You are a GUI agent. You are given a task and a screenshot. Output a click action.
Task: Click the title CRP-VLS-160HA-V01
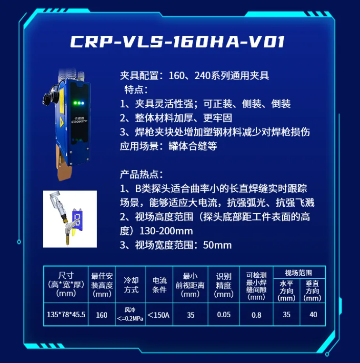coord(178,42)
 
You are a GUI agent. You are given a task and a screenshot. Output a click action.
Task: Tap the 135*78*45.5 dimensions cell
coord(66,314)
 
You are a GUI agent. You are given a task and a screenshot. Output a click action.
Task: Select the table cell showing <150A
coord(159,314)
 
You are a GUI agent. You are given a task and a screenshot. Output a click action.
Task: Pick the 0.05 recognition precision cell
coord(224,314)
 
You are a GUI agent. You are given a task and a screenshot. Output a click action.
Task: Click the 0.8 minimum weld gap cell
coord(256,314)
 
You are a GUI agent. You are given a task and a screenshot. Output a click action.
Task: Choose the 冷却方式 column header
coord(131,285)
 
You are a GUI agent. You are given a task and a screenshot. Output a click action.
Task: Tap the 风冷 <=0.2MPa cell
coord(130,314)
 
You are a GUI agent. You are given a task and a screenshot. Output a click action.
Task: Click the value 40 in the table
coord(313,314)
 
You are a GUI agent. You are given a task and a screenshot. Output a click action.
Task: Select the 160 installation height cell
coord(101,314)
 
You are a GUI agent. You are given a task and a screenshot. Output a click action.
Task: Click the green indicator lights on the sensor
coord(77,103)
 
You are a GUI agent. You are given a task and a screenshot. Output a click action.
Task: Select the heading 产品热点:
coord(141,174)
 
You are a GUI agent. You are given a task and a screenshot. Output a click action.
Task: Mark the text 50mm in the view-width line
coord(217,245)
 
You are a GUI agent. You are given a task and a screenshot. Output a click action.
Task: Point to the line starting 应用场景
coord(169,146)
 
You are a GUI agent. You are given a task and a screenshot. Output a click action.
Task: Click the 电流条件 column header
coord(160,285)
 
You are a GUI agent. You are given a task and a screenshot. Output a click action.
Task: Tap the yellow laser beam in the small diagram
coord(74,232)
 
